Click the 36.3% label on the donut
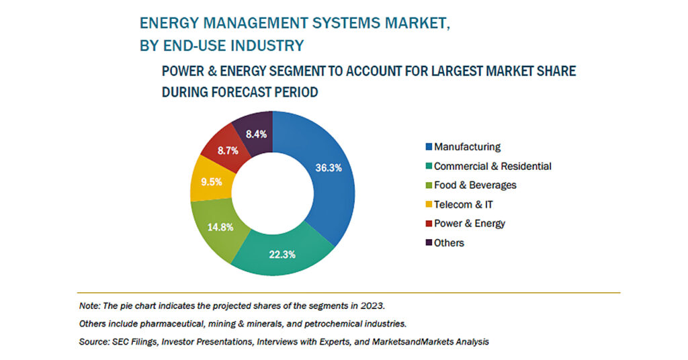point(328,168)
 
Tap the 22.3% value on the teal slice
point(282,255)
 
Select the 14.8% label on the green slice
point(220,227)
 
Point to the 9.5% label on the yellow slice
point(212,181)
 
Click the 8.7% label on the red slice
point(228,151)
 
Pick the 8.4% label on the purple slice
point(256,134)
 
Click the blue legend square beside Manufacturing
point(429,147)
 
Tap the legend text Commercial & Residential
point(492,166)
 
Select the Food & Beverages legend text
point(475,185)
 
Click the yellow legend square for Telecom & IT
point(429,204)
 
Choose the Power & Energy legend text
point(470,224)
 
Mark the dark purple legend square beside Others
point(429,242)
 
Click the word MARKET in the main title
point(417,24)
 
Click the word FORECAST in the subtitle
point(241,92)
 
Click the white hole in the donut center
point(273,193)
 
